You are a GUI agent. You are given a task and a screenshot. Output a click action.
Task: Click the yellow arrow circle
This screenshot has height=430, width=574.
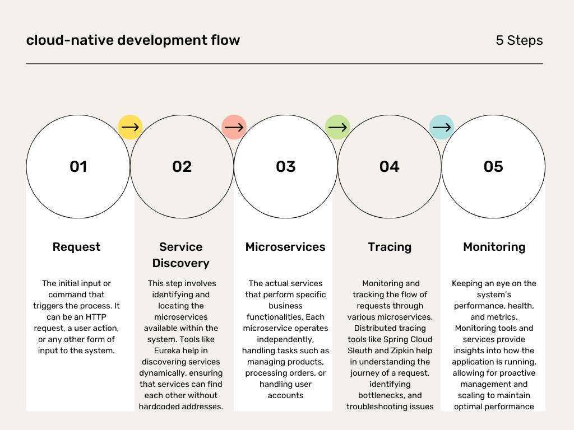click(130, 127)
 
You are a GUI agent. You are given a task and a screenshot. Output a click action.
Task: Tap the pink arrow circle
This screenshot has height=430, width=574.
click(234, 127)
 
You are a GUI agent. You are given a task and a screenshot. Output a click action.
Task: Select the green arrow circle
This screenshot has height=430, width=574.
click(337, 127)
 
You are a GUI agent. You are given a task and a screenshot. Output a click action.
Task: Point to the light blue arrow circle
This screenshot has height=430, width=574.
click(442, 127)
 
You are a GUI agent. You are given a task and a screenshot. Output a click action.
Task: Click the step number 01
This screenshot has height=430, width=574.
click(78, 167)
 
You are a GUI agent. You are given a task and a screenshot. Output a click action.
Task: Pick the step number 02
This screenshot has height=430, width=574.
click(182, 167)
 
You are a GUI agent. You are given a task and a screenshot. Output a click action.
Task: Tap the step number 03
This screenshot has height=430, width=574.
click(285, 167)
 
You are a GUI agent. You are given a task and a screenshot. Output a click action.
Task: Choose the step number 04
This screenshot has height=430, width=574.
click(390, 167)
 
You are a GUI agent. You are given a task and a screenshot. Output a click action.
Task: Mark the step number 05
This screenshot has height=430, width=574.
click(493, 167)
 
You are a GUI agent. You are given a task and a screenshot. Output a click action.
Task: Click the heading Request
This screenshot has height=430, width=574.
click(76, 247)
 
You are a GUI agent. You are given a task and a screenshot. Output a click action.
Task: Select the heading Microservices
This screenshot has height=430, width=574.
click(285, 247)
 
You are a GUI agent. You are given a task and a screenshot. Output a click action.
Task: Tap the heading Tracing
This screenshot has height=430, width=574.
click(390, 247)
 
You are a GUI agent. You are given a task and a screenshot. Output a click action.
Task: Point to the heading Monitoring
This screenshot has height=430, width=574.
click(494, 247)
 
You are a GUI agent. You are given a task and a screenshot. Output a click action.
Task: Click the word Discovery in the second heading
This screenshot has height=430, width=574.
click(181, 263)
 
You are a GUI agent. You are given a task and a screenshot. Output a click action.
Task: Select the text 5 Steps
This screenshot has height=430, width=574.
click(519, 40)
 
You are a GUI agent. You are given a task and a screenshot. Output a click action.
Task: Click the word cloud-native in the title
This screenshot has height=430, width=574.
click(70, 40)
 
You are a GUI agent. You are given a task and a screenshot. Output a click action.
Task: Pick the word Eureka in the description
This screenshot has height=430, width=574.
click(167, 350)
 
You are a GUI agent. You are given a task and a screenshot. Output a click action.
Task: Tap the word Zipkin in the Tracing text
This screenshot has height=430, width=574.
click(402, 350)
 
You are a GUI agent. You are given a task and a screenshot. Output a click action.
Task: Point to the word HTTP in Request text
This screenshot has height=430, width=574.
click(96, 317)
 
